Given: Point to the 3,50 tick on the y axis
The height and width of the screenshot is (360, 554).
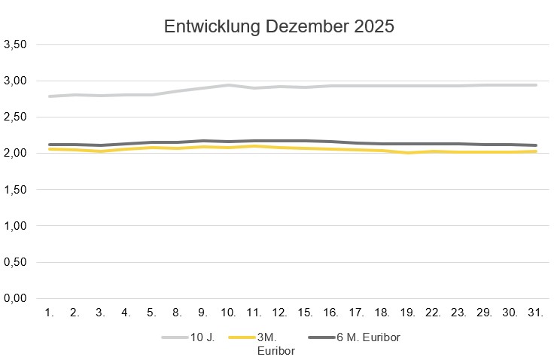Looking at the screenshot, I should (x=16, y=44).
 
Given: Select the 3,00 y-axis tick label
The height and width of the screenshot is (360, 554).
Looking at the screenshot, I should (x=16, y=81).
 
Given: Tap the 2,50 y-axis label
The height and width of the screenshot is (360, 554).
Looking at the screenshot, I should (x=16, y=117).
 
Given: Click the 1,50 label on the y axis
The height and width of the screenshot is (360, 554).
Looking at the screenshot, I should (x=16, y=190).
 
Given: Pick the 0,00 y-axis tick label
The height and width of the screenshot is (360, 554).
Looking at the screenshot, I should (x=16, y=299).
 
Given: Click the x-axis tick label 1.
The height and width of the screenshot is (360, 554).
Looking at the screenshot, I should (x=49, y=313).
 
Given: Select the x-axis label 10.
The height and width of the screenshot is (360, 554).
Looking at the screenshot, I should (x=229, y=313).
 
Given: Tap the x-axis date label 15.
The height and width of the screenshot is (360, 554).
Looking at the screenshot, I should (x=305, y=313).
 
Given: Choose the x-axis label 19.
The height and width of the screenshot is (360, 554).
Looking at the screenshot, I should (x=407, y=313).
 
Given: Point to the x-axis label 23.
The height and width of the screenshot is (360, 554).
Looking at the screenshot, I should (x=458, y=313).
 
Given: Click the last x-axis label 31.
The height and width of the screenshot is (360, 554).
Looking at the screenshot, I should (x=535, y=313).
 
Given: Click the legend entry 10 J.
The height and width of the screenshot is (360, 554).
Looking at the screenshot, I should (x=204, y=337).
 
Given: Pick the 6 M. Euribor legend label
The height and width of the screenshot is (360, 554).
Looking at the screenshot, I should (x=367, y=337).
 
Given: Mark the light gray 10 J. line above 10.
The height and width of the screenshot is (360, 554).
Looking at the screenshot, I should (x=229, y=85).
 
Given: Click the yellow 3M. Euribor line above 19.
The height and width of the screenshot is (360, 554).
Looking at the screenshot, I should (x=407, y=153).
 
